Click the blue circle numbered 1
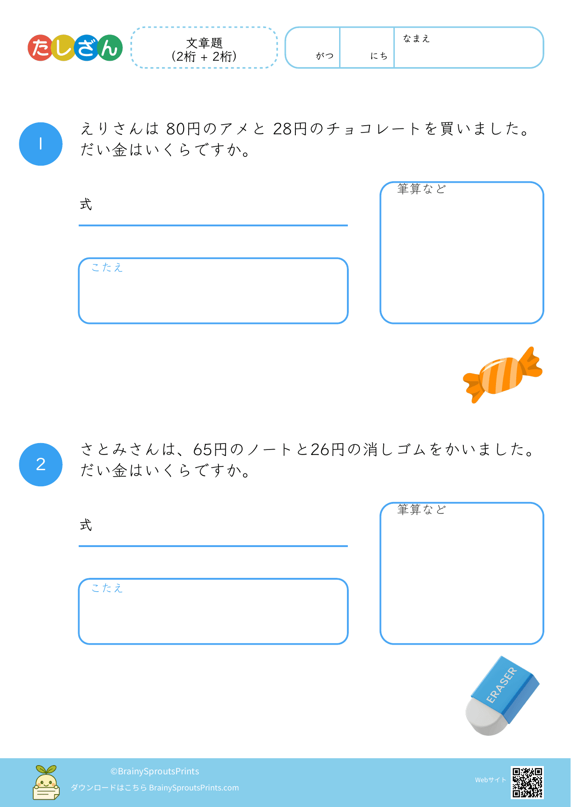(40, 144)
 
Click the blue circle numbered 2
(40, 465)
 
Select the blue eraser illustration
(502, 696)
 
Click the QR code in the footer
(527, 782)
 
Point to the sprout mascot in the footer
(46, 782)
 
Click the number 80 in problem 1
(175, 129)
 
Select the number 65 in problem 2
(203, 450)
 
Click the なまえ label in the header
(416, 39)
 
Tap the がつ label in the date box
(325, 56)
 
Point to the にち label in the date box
(379, 56)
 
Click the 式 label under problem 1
(86, 204)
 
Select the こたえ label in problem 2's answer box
(107, 588)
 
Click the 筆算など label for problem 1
(422, 189)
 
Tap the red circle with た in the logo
(41, 48)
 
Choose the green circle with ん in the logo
(110, 48)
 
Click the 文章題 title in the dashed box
(204, 43)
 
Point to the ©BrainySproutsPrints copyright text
(155, 771)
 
